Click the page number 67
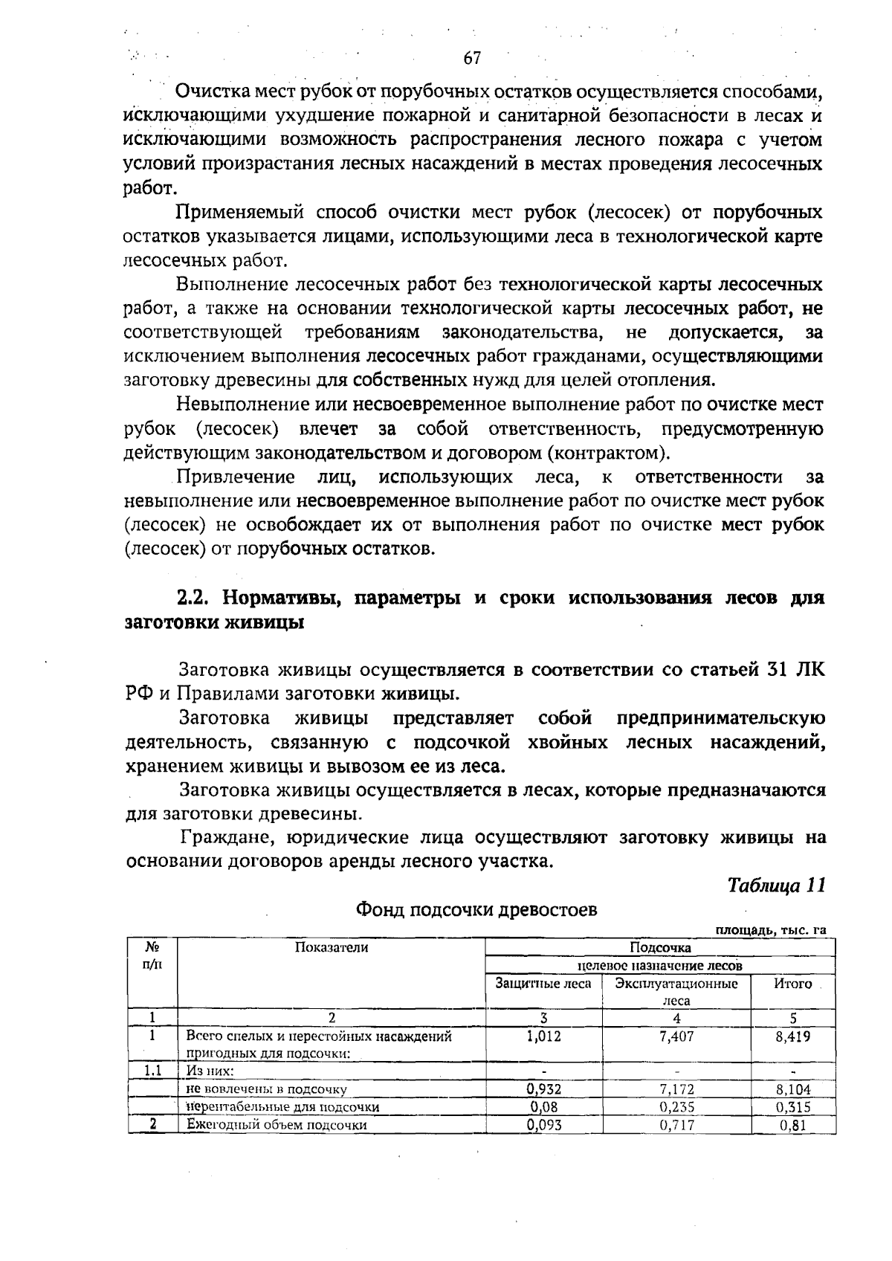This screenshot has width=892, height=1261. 472,58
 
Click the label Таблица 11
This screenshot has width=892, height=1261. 777,886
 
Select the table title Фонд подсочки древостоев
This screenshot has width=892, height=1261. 476,909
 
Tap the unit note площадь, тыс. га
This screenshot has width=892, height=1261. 771,930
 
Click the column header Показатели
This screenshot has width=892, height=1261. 332,947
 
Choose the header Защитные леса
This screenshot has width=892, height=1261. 543,984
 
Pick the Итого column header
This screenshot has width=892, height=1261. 792,984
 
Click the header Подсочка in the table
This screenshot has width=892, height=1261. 660,947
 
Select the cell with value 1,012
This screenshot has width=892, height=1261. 543,1036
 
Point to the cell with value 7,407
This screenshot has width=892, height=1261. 676,1036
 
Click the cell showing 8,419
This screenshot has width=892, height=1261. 792,1036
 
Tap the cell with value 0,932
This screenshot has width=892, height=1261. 543,1089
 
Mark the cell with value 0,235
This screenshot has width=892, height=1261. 676,1107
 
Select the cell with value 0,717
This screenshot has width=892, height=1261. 676,1125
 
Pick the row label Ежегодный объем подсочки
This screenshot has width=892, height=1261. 277,1125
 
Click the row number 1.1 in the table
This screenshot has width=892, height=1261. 152,1071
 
